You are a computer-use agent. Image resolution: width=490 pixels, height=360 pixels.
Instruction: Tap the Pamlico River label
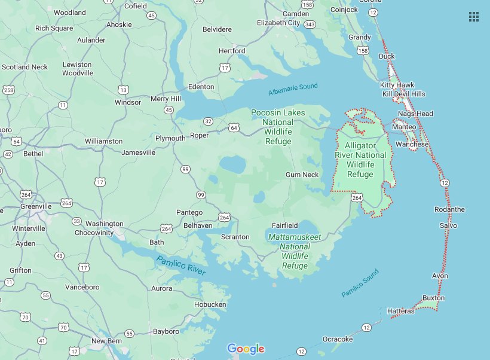click(180, 265)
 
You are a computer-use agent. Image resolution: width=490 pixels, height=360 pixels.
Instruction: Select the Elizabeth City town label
click(278, 23)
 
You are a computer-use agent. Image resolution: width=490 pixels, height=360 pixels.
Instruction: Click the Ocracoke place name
click(338, 339)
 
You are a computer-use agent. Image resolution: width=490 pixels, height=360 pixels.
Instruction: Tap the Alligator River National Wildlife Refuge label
click(365, 160)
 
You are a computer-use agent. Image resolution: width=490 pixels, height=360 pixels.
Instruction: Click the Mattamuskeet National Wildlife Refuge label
click(295, 251)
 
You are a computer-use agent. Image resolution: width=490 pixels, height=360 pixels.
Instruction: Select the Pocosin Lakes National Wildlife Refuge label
click(278, 127)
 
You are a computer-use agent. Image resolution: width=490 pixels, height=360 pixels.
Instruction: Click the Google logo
click(246, 349)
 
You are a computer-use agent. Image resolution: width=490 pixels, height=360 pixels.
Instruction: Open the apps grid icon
click(474, 17)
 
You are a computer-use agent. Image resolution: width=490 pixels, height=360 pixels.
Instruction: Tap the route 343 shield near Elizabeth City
click(310, 24)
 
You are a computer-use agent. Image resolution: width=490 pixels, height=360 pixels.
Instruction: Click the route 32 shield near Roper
click(208, 121)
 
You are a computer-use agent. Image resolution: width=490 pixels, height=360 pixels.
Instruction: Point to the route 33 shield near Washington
click(76, 221)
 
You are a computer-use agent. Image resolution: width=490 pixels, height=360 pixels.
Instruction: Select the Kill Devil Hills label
click(404, 94)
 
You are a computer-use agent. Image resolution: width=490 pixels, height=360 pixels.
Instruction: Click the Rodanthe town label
click(449, 209)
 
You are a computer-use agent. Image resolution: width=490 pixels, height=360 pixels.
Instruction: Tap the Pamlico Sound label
click(360, 284)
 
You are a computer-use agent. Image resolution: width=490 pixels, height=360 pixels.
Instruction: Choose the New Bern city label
click(107, 341)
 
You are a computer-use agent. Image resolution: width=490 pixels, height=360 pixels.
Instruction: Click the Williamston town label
click(103, 141)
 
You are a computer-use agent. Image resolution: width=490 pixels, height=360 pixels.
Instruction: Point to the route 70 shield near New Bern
click(63, 327)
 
